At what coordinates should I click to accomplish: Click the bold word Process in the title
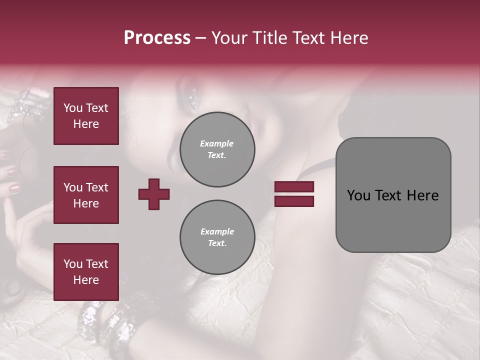[x=157, y=38]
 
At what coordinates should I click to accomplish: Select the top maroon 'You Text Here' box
[x=86, y=116]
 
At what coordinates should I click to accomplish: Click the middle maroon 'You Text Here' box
[x=86, y=195]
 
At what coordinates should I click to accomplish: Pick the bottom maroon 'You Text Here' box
[x=86, y=272]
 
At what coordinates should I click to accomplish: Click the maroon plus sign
[x=154, y=194]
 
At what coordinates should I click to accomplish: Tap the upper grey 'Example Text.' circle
[x=217, y=149]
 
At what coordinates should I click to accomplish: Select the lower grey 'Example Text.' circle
[x=217, y=237]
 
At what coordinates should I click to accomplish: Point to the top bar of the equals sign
[x=294, y=187]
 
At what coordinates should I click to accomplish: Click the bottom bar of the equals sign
[x=294, y=201]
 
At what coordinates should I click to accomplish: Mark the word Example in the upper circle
[x=217, y=143]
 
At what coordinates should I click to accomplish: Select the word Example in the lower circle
[x=217, y=231]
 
